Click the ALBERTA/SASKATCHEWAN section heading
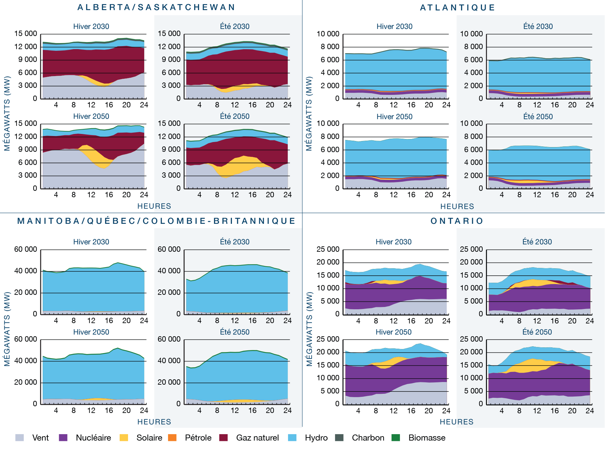[x=156, y=7]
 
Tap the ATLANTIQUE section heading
[x=457, y=8]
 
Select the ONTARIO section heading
[x=457, y=221]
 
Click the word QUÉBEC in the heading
[x=112, y=221]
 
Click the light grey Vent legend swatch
[x=19, y=438]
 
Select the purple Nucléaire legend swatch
[x=63, y=438]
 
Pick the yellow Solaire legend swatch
[x=124, y=438]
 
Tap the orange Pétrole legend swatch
[x=172, y=438]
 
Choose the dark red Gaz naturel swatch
[x=224, y=438]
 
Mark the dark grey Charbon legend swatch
[x=339, y=438]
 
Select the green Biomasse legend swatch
[x=396, y=438]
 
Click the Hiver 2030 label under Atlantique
[x=394, y=27]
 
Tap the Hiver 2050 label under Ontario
[x=393, y=332]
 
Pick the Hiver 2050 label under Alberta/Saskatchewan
[x=91, y=116]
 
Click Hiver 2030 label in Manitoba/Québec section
[x=91, y=242]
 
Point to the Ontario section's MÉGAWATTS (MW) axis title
[x=309, y=329]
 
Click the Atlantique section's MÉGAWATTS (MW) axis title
[x=309, y=113]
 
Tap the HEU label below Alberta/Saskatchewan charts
[x=146, y=206]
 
